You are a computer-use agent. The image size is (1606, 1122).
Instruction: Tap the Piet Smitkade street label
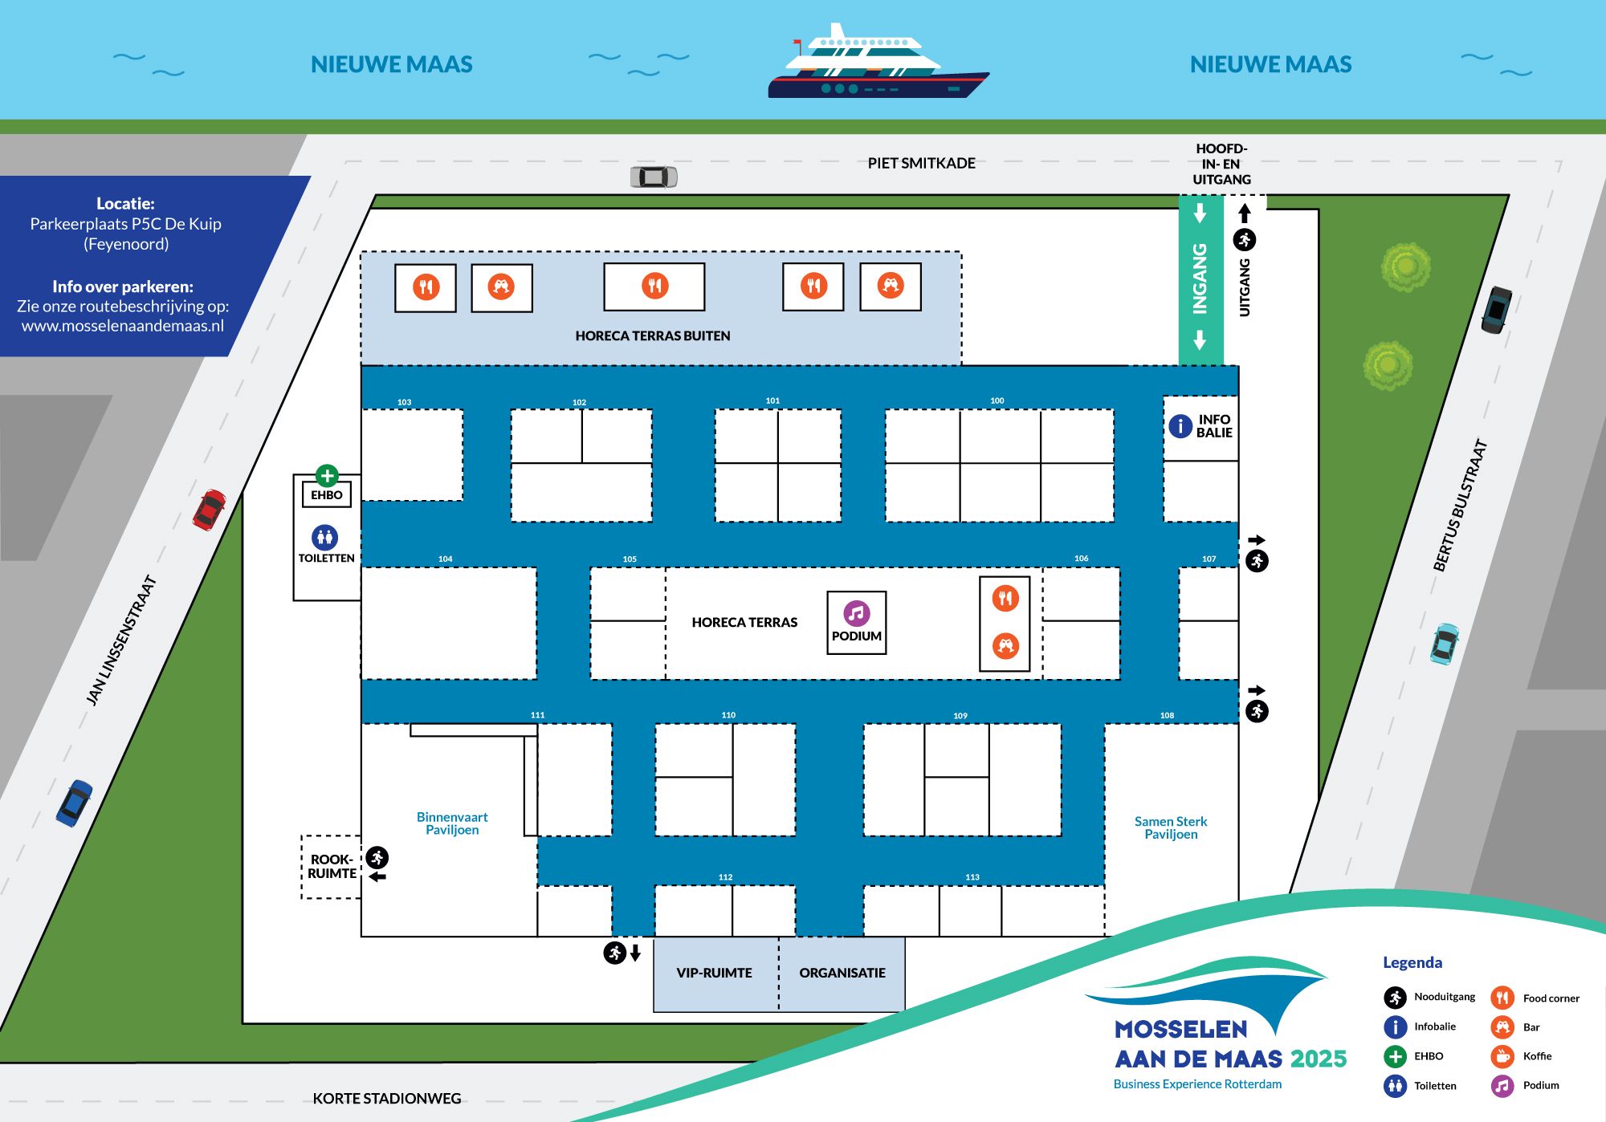(921, 163)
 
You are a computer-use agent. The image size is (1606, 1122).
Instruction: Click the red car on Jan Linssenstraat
(210, 510)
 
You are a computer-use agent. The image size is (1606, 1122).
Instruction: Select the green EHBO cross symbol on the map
(327, 476)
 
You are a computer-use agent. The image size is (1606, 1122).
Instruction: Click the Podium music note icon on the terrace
(857, 613)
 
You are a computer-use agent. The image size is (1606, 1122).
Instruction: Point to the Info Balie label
(1213, 426)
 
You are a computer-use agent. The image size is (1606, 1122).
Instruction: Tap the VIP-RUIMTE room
(715, 974)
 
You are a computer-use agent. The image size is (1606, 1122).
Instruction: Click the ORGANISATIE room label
(842, 973)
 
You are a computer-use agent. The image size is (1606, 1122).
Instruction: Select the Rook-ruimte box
(331, 867)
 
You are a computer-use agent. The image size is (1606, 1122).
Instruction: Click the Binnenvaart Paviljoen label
(452, 823)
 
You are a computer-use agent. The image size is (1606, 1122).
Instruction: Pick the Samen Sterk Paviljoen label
(1171, 827)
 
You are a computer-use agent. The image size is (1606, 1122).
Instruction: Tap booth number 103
(404, 402)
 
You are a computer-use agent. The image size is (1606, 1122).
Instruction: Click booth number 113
(972, 877)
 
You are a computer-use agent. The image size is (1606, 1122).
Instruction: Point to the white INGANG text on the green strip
(1200, 278)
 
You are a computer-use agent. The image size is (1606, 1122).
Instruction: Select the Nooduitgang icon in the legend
(1395, 998)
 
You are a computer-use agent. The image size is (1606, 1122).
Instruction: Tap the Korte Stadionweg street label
(387, 1098)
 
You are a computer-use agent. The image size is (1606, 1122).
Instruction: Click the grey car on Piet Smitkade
(654, 177)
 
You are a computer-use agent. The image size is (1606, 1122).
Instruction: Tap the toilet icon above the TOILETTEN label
(325, 537)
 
